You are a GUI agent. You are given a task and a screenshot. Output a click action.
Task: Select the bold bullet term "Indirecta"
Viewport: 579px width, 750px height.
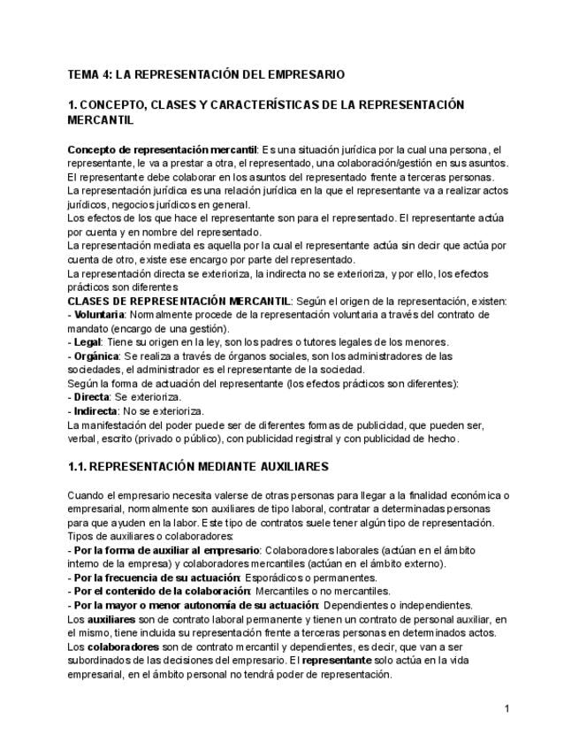point(96,410)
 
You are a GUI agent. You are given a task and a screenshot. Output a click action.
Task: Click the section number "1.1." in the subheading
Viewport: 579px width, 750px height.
point(77,466)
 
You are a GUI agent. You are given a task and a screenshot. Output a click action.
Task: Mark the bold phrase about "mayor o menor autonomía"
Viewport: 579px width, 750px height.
point(195,605)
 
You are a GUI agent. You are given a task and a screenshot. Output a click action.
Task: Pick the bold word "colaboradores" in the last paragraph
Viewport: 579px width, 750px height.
point(119,647)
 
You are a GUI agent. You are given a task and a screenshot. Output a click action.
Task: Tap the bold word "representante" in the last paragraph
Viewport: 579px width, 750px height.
point(333,661)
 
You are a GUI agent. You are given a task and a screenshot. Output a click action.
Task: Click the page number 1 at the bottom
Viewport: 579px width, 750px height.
point(507,708)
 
